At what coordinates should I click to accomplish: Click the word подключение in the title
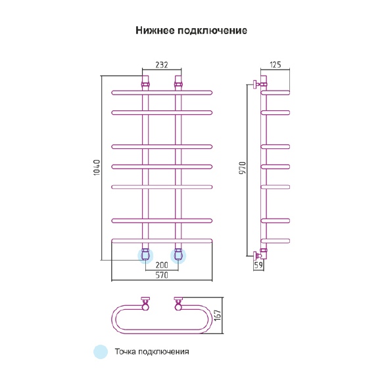click(212, 31)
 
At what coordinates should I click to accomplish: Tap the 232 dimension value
click(162, 64)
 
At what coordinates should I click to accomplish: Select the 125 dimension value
click(276, 64)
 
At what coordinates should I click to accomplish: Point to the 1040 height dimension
click(97, 167)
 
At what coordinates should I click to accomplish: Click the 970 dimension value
click(243, 168)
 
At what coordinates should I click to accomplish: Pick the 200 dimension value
click(162, 265)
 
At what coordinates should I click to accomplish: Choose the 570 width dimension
click(162, 275)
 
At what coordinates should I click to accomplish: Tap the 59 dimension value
click(258, 265)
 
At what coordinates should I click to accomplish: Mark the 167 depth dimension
click(218, 315)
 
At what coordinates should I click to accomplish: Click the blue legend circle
click(101, 352)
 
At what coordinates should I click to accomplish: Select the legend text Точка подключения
click(152, 352)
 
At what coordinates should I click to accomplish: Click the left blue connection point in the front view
click(145, 256)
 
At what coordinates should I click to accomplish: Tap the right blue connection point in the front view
click(178, 256)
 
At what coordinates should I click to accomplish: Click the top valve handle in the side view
click(256, 85)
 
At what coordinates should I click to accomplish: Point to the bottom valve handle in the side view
click(256, 256)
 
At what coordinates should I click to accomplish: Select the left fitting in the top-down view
click(145, 304)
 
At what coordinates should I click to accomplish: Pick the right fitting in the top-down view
click(178, 304)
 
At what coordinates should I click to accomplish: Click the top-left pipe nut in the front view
click(145, 85)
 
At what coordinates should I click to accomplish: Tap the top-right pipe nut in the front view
click(178, 85)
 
